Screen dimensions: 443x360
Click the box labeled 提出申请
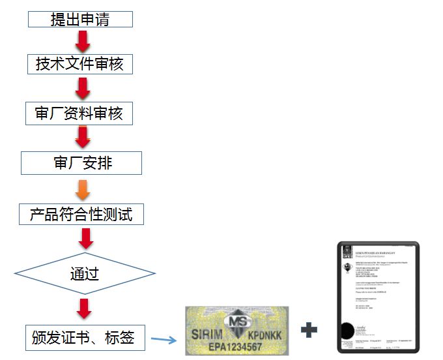coord(80,20)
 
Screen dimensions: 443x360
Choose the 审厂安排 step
coord(81,162)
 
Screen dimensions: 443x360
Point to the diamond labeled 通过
coord(85,272)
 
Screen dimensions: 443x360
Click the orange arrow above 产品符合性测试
coord(83,188)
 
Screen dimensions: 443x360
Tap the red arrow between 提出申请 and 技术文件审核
coord(83,42)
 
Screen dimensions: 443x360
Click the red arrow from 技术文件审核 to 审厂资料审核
coord(83,88)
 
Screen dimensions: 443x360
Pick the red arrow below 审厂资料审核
coord(83,138)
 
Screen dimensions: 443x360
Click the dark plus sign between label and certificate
coord(309,330)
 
